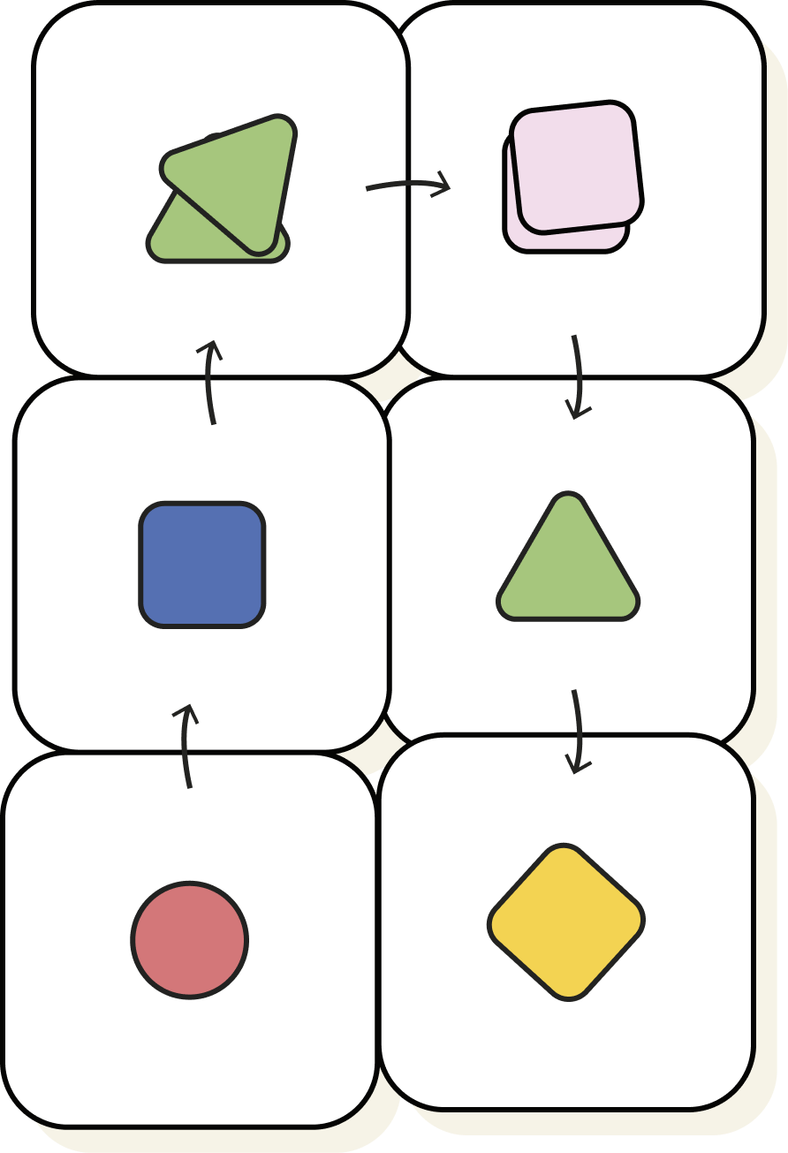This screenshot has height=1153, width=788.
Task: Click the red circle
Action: point(190,940)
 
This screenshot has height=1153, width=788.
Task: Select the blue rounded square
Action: point(202,565)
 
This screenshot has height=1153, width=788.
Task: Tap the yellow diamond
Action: point(566,922)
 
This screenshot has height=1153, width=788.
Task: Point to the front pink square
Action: point(577,167)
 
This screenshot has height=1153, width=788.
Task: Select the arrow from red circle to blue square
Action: point(186,747)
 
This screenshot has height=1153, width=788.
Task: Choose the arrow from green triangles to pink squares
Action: point(407,186)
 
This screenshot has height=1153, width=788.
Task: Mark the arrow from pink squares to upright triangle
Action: point(578,375)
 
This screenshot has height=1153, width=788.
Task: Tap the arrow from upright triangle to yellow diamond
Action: point(578,731)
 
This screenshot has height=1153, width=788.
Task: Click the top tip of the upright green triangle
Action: point(568,497)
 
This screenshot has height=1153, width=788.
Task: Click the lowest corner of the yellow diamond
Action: point(569,996)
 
